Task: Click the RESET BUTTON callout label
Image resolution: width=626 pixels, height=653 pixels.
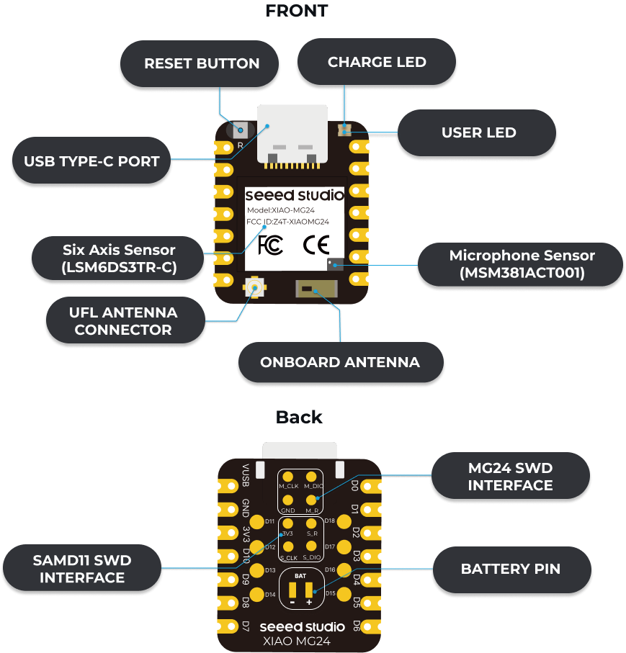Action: click(200, 64)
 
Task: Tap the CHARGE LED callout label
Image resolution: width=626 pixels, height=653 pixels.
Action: click(376, 62)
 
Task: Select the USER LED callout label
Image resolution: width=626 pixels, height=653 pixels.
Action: click(477, 133)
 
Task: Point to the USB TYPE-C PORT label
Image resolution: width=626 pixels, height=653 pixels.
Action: click(91, 161)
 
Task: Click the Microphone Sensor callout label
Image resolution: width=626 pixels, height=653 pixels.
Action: click(520, 264)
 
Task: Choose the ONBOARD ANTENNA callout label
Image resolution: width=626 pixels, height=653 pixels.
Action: click(341, 362)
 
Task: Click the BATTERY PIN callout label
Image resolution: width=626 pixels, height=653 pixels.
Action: click(511, 569)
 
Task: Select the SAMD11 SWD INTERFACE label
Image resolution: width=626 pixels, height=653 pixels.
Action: click(82, 568)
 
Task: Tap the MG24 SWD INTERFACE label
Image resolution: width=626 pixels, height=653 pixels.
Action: click(511, 476)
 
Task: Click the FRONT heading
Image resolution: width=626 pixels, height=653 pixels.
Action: click(297, 11)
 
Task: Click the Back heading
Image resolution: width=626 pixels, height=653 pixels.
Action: click(299, 418)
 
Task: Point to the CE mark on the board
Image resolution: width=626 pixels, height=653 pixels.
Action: click(316, 245)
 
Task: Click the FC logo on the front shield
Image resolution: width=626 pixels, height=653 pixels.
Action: click(270, 245)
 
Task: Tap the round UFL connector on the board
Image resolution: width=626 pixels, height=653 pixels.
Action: click(254, 287)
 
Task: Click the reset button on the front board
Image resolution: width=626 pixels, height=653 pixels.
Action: click(241, 130)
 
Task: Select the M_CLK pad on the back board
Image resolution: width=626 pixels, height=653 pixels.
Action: click(288, 477)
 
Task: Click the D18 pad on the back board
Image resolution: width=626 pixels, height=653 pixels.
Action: click(344, 522)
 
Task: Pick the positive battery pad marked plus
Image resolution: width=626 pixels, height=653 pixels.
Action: click(309, 590)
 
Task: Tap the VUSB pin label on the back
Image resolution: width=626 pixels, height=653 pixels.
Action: click(246, 475)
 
